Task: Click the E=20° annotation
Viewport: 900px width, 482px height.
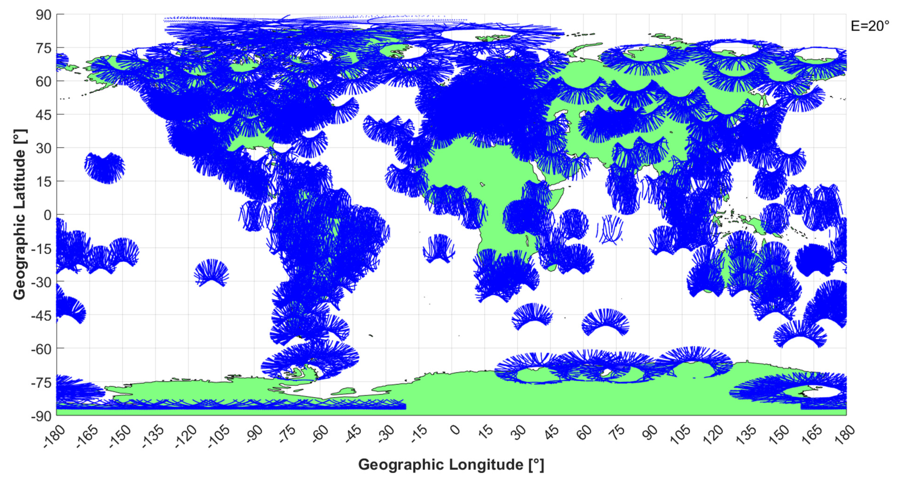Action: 870,26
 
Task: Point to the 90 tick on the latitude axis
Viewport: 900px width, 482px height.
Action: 43,15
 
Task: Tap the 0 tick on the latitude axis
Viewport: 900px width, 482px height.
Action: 48,215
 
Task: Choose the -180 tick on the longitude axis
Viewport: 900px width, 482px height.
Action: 54,436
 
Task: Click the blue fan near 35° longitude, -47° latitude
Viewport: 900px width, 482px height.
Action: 532,316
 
